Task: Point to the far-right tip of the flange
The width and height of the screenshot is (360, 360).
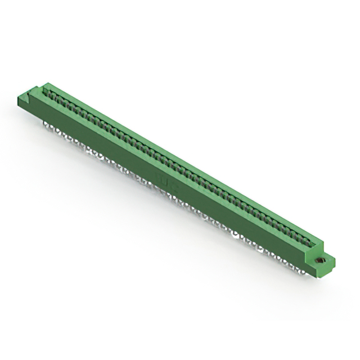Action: pyautogui.click(x=335, y=259)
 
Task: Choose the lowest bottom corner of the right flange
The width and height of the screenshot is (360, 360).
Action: pyautogui.click(x=321, y=276)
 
